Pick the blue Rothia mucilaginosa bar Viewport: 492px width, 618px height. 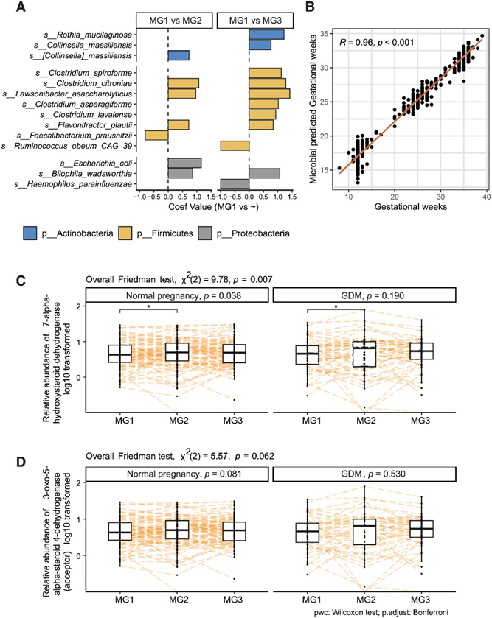(266, 35)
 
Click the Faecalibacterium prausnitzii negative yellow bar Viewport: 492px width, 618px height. (156, 135)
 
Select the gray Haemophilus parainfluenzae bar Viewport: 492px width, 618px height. (235, 183)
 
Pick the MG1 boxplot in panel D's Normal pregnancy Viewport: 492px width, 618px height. (119, 532)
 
